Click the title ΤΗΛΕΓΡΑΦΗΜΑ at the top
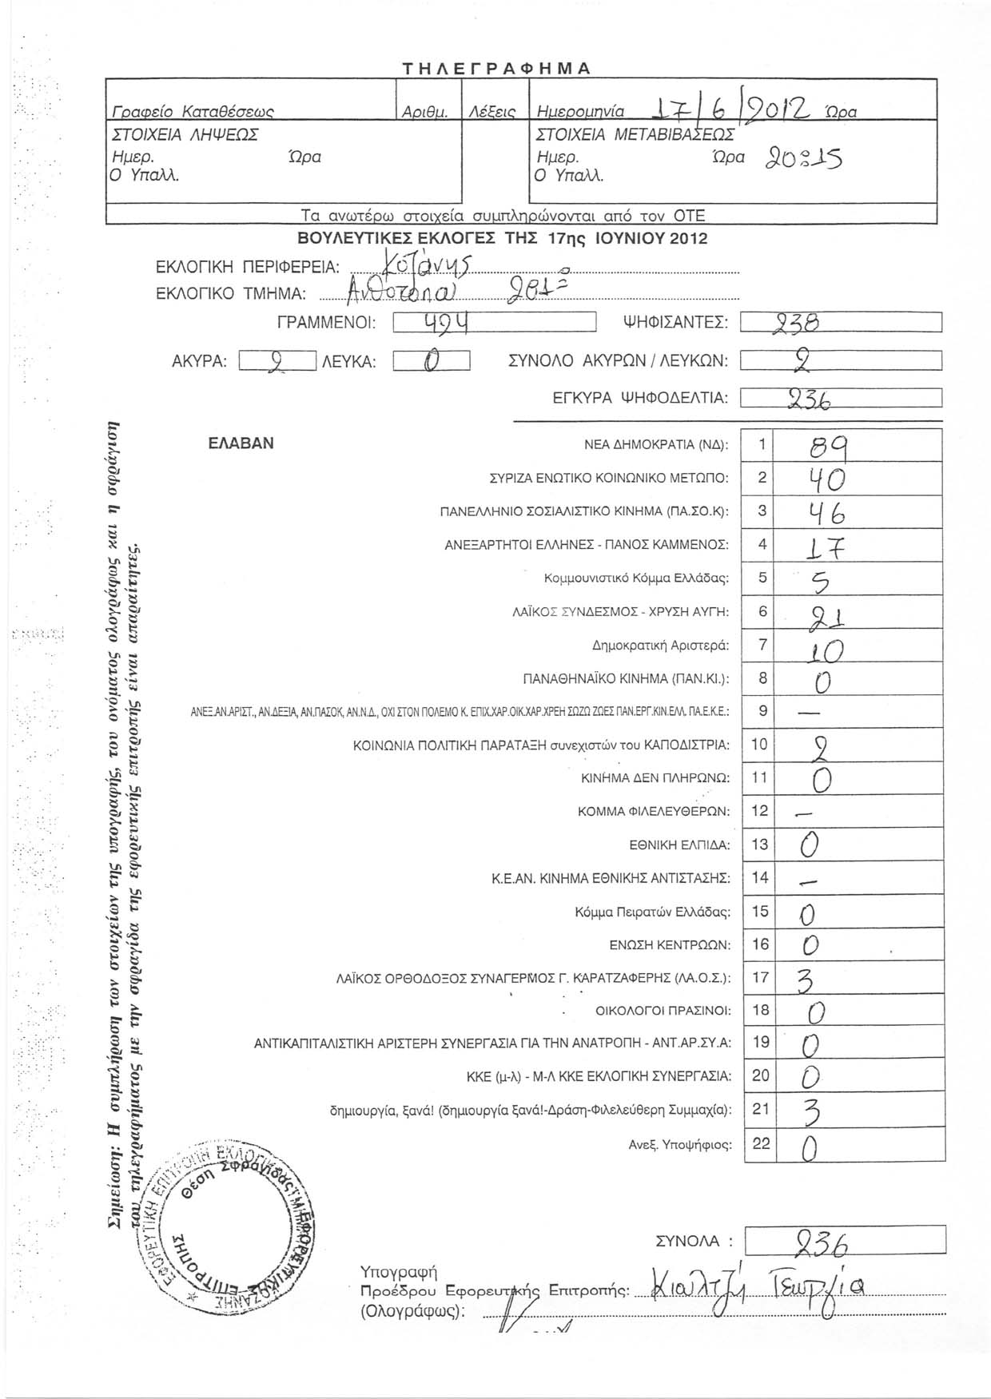coord(495,68)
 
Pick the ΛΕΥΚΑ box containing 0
coord(432,362)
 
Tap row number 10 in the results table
coord(759,745)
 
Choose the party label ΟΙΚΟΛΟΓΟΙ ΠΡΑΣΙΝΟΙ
coord(663,1011)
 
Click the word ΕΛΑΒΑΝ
coord(240,443)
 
